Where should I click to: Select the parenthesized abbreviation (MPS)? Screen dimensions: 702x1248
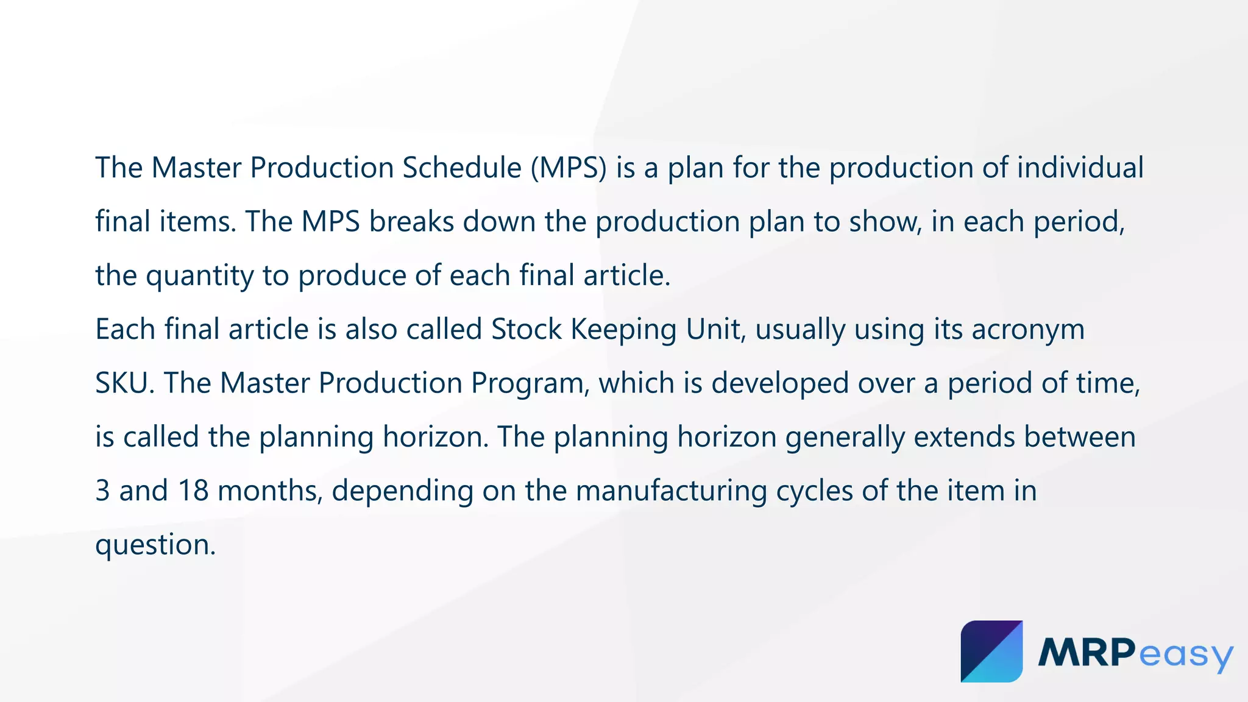[x=569, y=168]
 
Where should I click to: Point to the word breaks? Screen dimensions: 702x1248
[x=411, y=221]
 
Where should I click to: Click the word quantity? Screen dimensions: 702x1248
[x=199, y=276]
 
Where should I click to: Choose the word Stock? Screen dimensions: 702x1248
[x=526, y=329]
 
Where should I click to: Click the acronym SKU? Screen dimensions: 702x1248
[x=121, y=383]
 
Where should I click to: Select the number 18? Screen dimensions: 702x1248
[x=193, y=491]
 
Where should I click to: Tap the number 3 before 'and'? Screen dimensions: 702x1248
[x=102, y=491]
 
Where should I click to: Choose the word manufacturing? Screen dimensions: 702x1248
[x=671, y=491]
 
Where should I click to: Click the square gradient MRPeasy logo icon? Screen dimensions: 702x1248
[x=991, y=651]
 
